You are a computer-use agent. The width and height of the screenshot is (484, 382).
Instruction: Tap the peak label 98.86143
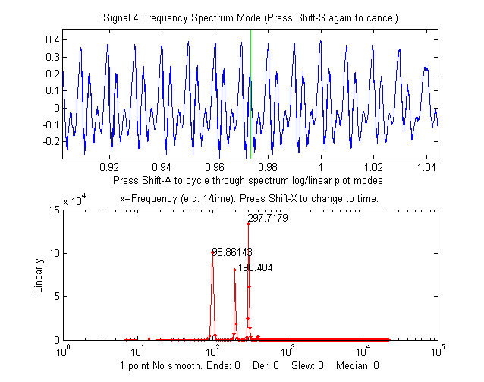(x=232, y=251)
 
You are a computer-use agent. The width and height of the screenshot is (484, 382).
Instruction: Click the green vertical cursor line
(x=250, y=91)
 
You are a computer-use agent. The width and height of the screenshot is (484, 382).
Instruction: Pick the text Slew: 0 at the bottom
(x=307, y=365)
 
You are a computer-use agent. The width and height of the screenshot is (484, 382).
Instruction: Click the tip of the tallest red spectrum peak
(x=249, y=223)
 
